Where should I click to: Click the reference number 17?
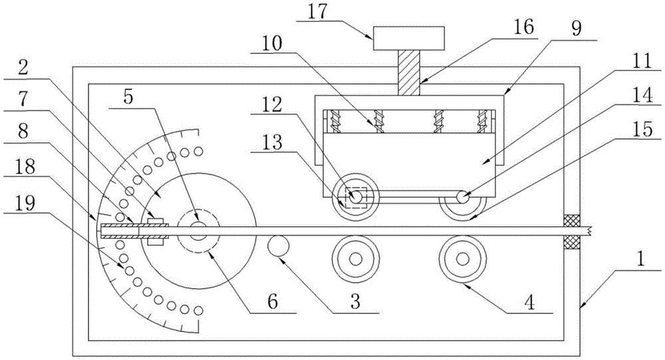[x=318, y=11]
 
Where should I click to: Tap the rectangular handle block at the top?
[x=409, y=38]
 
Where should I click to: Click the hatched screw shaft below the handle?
[x=409, y=73]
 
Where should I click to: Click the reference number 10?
[x=272, y=45]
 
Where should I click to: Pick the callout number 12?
[x=272, y=106]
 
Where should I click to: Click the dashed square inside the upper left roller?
[x=355, y=197]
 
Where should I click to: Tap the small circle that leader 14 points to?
[x=463, y=197]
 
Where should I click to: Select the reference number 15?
[x=643, y=130]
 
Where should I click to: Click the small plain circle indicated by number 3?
[x=278, y=246]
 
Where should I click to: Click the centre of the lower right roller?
[x=463, y=259]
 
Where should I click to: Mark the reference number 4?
[x=529, y=303]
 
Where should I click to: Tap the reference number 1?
[x=641, y=260]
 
